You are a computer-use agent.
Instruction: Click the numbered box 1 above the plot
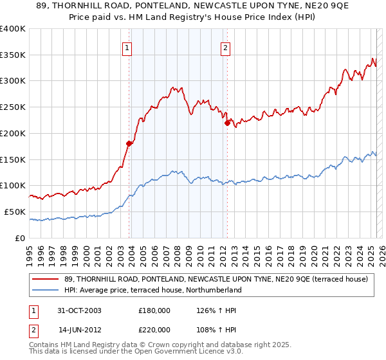pos(127,47)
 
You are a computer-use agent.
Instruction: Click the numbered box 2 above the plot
pos(226,47)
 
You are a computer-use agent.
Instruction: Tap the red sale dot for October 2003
pos(129,143)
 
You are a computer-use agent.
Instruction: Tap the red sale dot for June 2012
pos(227,123)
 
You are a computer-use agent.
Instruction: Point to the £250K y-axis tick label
pos(13,107)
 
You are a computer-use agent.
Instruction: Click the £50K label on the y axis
pos(15,212)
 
